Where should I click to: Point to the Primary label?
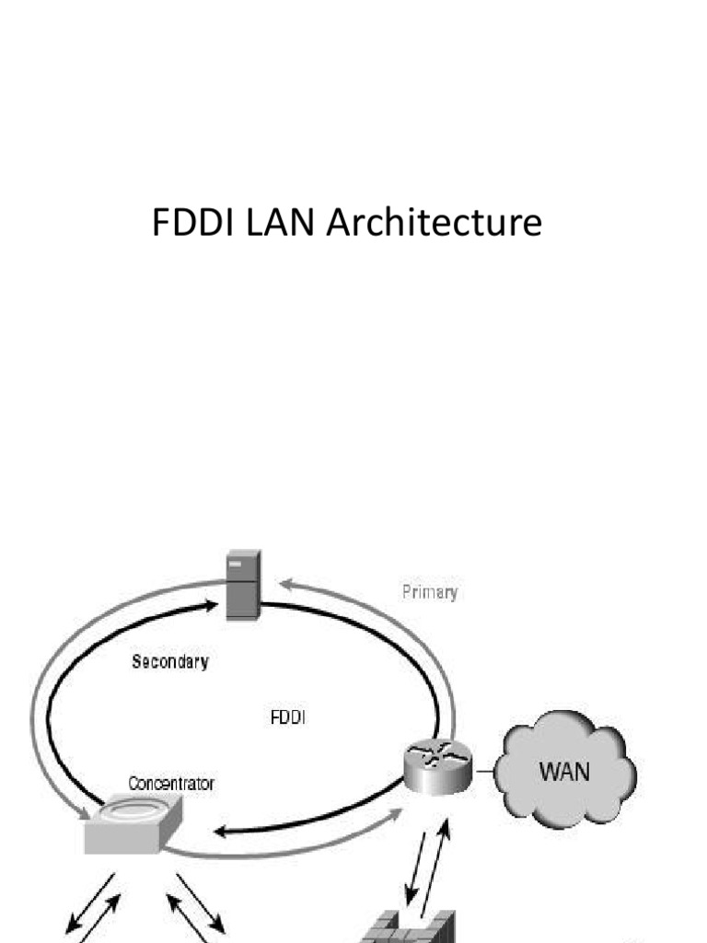(430, 592)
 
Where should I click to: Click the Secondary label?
(170, 661)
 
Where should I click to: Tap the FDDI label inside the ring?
(288, 717)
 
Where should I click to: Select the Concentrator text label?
(171, 784)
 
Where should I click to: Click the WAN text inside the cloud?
(564, 769)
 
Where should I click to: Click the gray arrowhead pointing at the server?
(286, 583)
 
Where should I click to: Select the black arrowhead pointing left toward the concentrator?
(221, 832)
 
